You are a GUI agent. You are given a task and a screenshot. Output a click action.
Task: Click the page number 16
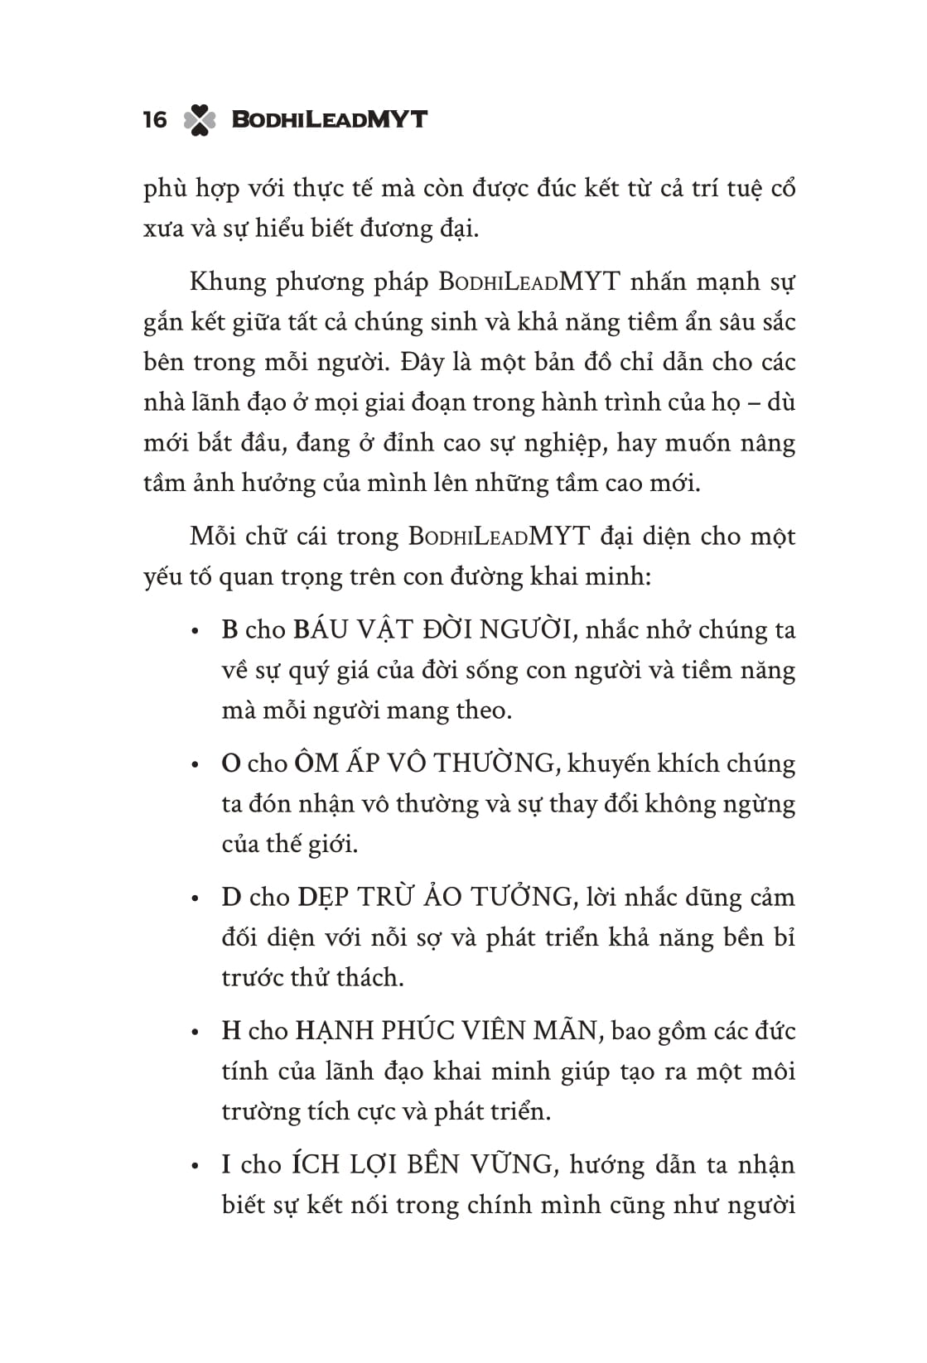click(x=155, y=120)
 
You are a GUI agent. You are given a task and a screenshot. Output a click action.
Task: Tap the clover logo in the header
click(x=200, y=120)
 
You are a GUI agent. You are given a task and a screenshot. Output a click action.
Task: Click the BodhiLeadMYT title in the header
click(x=329, y=119)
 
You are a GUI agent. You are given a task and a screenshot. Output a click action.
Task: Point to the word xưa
click(x=163, y=229)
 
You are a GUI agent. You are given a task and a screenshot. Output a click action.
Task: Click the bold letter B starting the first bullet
click(x=229, y=630)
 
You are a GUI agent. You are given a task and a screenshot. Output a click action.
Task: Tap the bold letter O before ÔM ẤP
click(x=230, y=763)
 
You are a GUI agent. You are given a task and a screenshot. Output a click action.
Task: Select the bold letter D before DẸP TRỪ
click(x=231, y=898)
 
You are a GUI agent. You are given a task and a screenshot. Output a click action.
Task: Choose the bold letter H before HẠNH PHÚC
click(x=231, y=1031)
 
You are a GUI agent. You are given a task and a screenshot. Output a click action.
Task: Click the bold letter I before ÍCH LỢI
click(x=226, y=1165)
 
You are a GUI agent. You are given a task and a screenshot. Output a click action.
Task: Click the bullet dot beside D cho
click(x=196, y=899)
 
